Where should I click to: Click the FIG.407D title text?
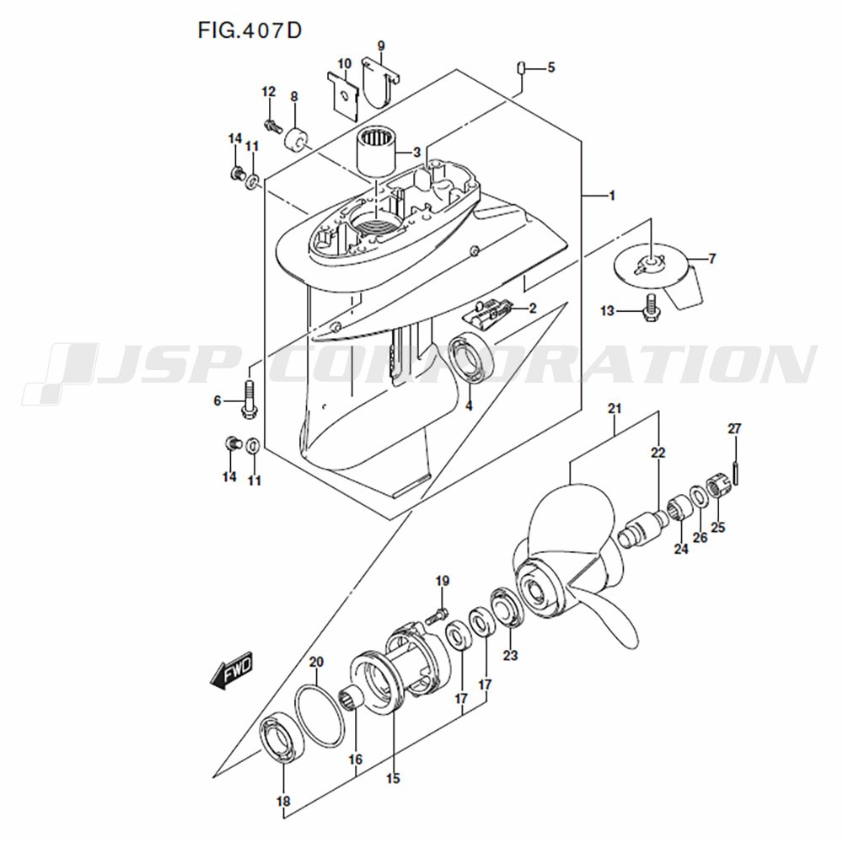click(250, 30)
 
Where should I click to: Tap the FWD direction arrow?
click(231, 672)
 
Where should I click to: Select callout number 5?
click(550, 67)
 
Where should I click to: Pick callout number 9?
click(381, 46)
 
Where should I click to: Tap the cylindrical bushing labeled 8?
click(296, 141)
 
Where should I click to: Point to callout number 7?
click(711, 259)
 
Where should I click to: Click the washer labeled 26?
click(698, 495)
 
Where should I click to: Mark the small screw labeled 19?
click(437, 615)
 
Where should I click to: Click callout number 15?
click(393, 778)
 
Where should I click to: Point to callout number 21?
click(614, 409)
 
